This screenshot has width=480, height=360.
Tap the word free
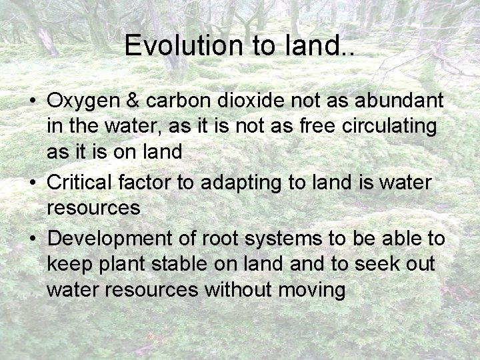click(x=309, y=127)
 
